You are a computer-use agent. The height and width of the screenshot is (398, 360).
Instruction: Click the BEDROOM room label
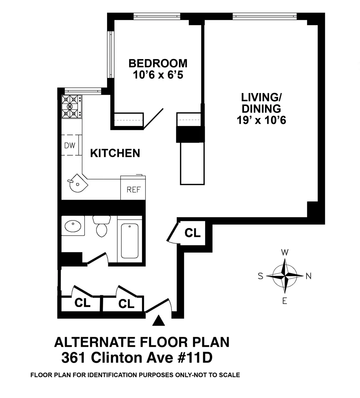pyautogui.click(x=158, y=63)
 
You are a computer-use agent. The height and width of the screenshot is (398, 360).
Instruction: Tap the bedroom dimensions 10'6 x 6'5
pyautogui.click(x=158, y=75)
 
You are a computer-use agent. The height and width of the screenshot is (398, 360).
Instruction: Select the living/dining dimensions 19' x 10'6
pyautogui.click(x=261, y=120)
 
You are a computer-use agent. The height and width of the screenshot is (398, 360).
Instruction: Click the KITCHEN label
pyautogui.click(x=115, y=153)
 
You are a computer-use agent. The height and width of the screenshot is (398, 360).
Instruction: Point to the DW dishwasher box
pyautogui.click(x=70, y=145)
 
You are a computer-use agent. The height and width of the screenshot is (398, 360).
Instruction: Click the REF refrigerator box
pyautogui.click(x=133, y=190)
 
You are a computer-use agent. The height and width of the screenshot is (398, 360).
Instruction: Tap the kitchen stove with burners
pyautogui.click(x=71, y=106)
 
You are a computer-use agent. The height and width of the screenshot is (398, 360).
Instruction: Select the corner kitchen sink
pyautogui.click(x=77, y=183)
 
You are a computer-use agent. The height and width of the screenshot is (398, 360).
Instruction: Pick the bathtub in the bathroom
pyautogui.click(x=130, y=241)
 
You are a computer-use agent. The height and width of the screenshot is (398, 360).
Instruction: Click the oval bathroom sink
pyautogui.click(x=73, y=226)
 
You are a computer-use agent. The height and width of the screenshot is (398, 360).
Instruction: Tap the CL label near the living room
pyautogui.click(x=192, y=233)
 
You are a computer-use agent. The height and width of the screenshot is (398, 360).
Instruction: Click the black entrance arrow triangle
pyautogui.click(x=158, y=321)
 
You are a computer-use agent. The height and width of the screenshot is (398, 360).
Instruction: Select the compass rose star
pyautogui.click(x=285, y=276)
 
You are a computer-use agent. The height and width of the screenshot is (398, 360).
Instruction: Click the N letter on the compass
pyautogui.click(x=308, y=276)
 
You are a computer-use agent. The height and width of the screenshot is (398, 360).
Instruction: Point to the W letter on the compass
pyautogui.click(x=285, y=252)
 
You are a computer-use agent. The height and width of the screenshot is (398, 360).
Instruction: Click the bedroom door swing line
pyautogui.click(x=153, y=119)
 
